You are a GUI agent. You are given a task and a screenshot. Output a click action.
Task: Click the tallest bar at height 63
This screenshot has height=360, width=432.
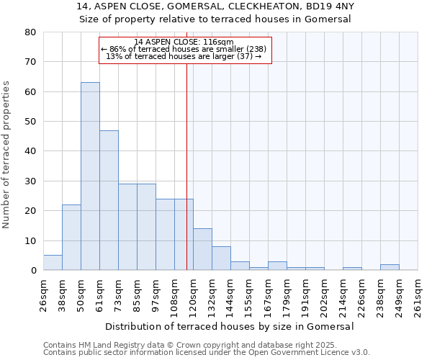pos(90,176)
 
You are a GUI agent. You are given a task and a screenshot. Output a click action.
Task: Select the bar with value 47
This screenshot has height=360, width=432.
pos(109,200)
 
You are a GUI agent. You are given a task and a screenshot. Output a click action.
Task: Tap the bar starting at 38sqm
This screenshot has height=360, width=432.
pos(71,238)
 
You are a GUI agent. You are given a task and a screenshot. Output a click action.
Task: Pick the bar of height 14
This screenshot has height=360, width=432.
pos(202,249)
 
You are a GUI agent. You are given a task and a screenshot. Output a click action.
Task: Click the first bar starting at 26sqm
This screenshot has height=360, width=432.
pos(53,263)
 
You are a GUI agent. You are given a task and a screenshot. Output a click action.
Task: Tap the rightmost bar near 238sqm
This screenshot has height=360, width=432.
pos(390,267)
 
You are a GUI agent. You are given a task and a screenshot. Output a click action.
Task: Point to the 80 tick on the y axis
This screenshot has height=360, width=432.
pos(30,32)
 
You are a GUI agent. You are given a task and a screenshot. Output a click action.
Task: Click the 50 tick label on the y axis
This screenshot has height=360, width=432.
pos(30,122)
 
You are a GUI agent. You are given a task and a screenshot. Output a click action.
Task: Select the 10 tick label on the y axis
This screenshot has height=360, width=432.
pos(30,240)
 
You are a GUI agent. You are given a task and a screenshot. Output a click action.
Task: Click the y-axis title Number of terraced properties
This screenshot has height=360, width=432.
pos(6,154)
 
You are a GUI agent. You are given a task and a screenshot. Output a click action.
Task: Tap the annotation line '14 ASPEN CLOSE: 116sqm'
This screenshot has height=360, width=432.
pos(184,42)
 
